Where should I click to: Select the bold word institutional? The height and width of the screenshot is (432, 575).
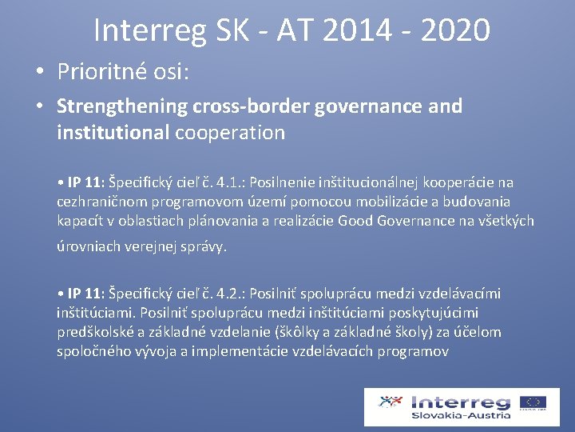(x=113, y=132)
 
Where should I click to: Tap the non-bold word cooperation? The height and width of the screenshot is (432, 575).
(x=229, y=132)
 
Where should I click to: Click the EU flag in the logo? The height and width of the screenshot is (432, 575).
(x=533, y=402)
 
